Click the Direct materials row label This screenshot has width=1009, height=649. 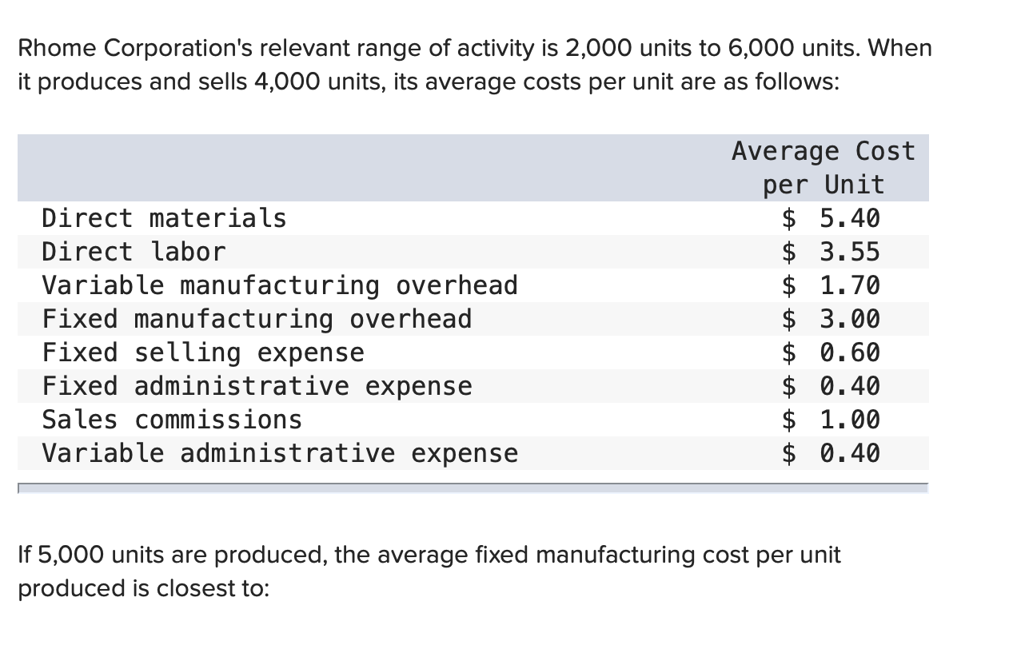[164, 218]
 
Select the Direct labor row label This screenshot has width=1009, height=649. [134, 252]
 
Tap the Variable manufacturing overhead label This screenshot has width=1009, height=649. [280, 285]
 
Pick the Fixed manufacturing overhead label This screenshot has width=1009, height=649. [257, 320]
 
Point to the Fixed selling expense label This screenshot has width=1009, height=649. [203, 352]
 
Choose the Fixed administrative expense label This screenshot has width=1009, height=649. [257, 386]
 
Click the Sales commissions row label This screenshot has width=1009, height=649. [172, 420]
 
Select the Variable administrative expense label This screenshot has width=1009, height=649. [280, 453]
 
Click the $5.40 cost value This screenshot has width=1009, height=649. [831, 218]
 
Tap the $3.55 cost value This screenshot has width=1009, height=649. [831, 252]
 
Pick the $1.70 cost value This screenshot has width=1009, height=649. [831, 285]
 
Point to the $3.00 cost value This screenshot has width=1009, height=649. [831, 320]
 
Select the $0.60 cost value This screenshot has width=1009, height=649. [831, 352]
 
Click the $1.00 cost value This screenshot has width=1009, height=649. [831, 420]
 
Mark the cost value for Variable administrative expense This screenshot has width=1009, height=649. [831, 453]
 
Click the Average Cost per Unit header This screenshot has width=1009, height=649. [824, 168]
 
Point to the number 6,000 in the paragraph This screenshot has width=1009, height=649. [761, 48]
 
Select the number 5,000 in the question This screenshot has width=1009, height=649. [70, 555]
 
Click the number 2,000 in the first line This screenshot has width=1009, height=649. [599, 48]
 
